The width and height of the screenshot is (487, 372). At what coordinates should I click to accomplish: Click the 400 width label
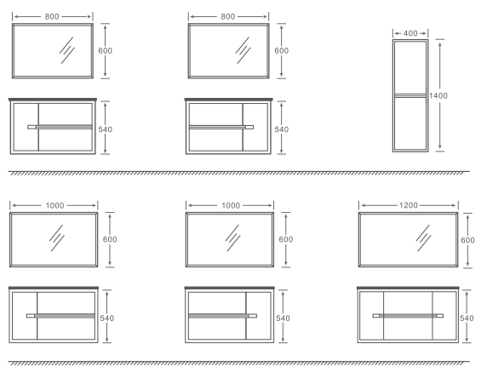click(x=410, y=33)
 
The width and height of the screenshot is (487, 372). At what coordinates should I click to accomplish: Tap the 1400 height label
click(x=438, y=95)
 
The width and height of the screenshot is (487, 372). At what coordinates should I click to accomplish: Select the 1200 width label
click(x=409, y=205)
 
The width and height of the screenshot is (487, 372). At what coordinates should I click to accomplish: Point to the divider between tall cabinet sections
click(x=410, y=95)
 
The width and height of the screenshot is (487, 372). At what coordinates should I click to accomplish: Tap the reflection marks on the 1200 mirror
click(x=423, y=238)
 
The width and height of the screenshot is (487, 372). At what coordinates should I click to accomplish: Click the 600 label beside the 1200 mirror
click(x=467, y=240)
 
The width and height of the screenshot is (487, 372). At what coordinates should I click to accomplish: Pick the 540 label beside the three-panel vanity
click(x=467, y=318)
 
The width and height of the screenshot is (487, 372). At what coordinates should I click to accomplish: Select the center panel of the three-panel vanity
click(x=408, y=316)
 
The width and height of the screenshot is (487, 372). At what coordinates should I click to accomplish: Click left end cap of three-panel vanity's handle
click(x=376, y=316)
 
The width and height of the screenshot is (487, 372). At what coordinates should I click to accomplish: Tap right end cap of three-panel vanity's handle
click(x=440, y=316)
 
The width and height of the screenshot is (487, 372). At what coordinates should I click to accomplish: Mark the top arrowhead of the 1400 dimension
click(x=440, y=44)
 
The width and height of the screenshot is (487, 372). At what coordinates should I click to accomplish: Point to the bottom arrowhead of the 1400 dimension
click(x=440, y=147)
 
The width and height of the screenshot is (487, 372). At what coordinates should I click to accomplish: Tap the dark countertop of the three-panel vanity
click(x=408, y=288)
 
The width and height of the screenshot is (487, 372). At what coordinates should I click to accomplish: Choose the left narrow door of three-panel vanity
click(x=372, y=316)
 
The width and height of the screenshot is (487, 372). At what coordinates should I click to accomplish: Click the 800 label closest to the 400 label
click(x=228, y=16)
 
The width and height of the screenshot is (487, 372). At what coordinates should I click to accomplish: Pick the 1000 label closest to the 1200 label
click(x=231, y=205)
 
